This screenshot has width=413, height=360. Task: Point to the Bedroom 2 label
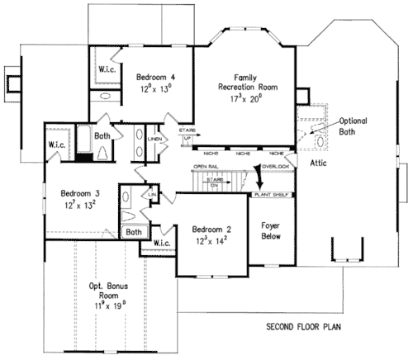tap(211, 229)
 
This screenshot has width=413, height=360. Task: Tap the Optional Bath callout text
tap(353, 126)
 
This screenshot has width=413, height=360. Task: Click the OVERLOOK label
tap(278, 166)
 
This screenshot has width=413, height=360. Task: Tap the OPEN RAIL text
tap(205, 167)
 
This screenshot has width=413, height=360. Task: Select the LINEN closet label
tap(154, 140)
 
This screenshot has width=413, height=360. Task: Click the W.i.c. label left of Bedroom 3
tap(56, 145)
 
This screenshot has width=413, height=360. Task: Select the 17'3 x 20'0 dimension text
tap(247, 98)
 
